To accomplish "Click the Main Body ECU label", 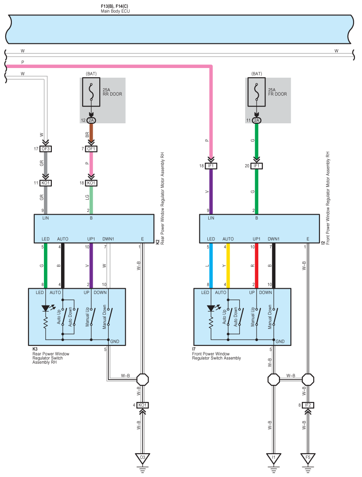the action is click(115, 11).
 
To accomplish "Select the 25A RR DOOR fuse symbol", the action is click(91, 92).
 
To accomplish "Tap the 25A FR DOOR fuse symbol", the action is click(257, 92).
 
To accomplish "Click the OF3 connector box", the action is click(46, 149).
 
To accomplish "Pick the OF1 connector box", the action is click(91, 149).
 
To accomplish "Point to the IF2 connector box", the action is click(308, 405).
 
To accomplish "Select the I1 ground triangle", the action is click(273, 458).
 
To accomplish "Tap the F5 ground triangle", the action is click(308, 458).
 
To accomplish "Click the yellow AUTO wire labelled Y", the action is click(228, 265).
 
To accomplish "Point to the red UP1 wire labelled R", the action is click(257, 265).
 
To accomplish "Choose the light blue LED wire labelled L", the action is click(211, 265).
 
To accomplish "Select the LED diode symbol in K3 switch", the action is click(46, 308).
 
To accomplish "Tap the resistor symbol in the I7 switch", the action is click(211, 323).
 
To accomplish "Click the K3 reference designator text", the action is click(35, 349).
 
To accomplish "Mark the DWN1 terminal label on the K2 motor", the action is click(108, 239).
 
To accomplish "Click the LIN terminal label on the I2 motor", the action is click(211, 218).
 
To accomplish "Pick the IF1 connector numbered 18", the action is click(211, 166).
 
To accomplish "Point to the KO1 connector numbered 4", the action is click(142, 405).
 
